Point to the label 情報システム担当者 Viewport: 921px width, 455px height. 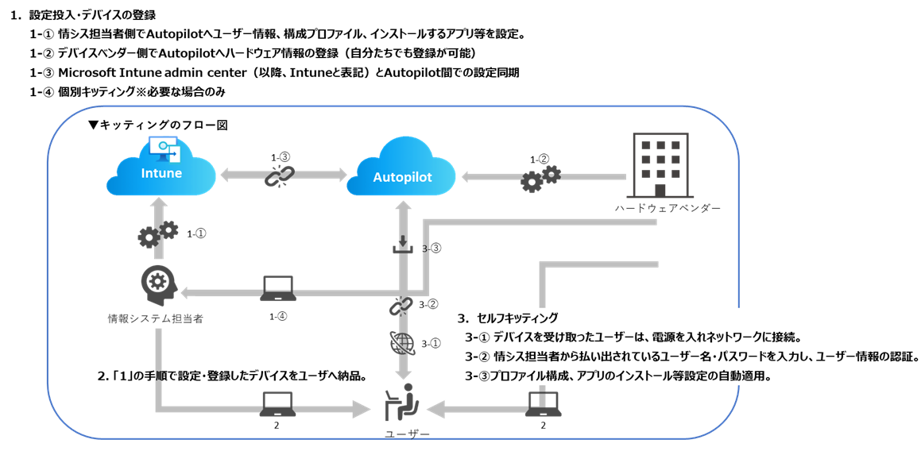(x=156, y=318)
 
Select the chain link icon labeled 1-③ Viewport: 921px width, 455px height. (x=279, y=176)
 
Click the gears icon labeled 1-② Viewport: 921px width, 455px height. (x=540, y=179)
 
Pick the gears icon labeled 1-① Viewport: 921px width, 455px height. (x=157, y=235)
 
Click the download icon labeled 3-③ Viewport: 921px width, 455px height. (x=404, y=246)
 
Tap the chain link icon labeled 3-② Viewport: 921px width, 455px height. (x=401, y=305)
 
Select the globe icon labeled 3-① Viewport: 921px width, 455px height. (x=402, y=343)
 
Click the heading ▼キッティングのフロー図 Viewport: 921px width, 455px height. (x=157, y=125)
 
